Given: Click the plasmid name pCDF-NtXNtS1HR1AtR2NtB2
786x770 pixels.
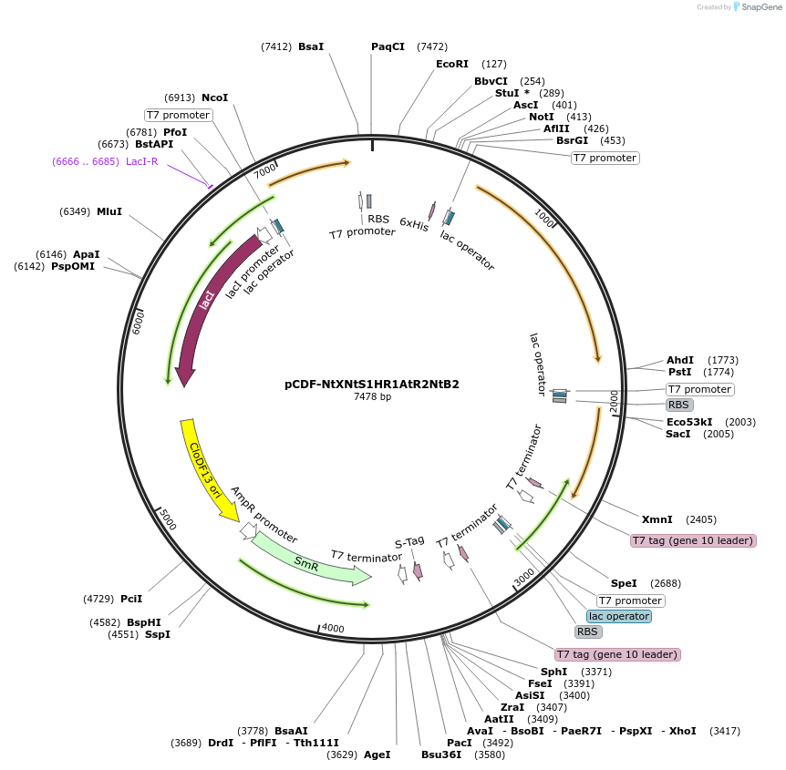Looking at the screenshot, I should coord(371,384).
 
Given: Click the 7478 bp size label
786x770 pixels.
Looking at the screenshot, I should coord(372,396).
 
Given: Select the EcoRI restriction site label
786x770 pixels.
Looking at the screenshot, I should coord(451,64).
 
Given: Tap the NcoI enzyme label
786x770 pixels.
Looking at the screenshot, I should coord(214,98).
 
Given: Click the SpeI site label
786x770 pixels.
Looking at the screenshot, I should coord(624,583).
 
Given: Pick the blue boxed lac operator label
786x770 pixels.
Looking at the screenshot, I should coord(619,616).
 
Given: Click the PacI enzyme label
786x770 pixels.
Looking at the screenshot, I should coord(459,742).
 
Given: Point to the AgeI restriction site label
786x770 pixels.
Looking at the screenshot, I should coord(377,755).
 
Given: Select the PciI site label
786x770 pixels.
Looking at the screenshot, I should coord(131,599).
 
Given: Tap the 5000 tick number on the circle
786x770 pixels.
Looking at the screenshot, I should coord(166,519).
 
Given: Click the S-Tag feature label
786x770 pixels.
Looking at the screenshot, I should coord(409,541).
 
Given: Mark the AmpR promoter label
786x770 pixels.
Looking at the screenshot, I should coord(264,515).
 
